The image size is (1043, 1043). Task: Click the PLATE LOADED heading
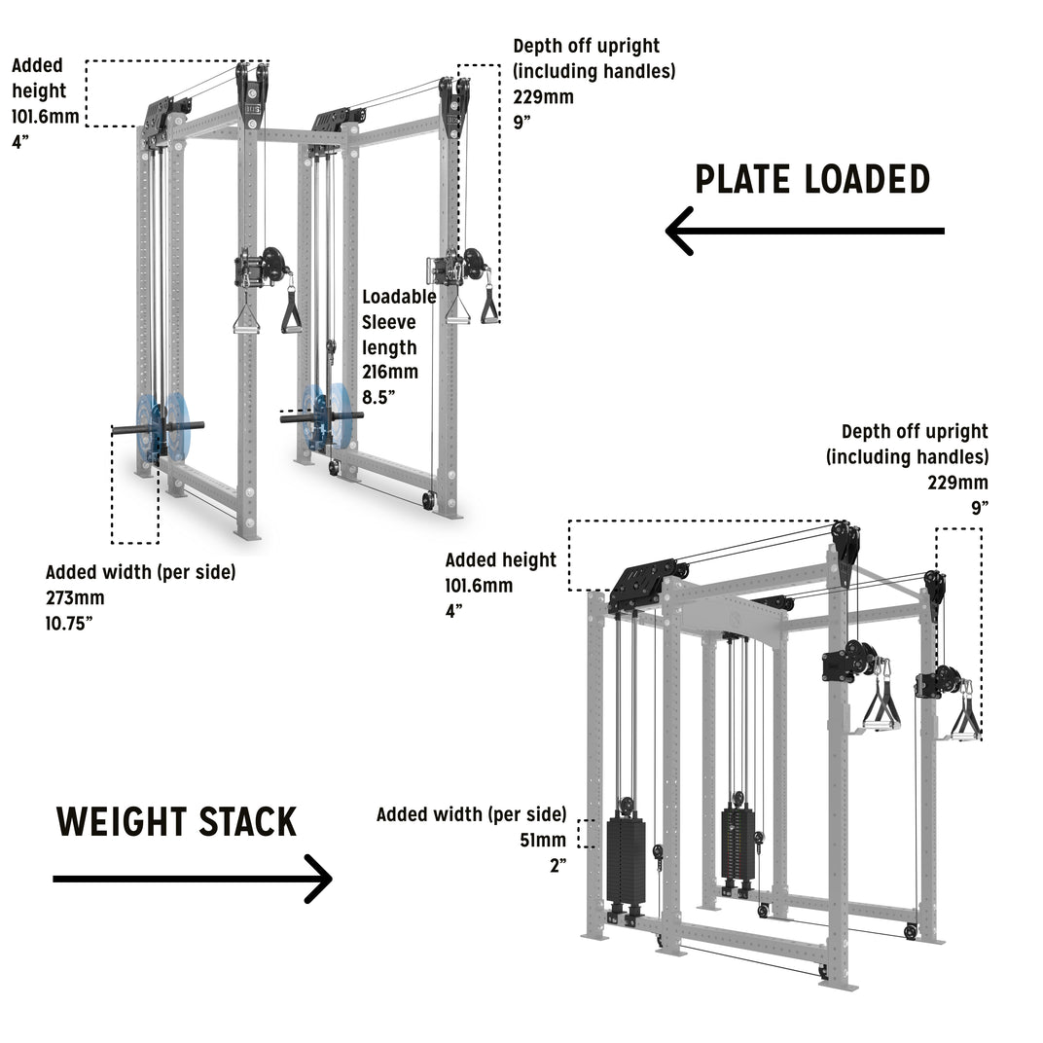(x=812, y=180)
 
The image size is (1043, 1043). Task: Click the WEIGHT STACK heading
(x=176, y=822)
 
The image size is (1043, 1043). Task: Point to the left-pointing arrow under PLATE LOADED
(x=804, y=231)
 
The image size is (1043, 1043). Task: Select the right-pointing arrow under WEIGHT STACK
(x=193, y=879)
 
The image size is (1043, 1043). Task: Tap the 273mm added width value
(x=75, y=597)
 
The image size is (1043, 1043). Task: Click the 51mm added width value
(x=542, y=840)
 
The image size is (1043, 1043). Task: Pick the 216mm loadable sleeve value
(x=390, y=372)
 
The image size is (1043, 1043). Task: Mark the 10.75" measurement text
(x=69, y=623)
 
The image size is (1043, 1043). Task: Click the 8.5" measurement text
(x=380, y=396)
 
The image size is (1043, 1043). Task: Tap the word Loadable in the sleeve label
(x=399, y=297)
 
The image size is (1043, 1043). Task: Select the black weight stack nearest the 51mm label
(x=626, y=859)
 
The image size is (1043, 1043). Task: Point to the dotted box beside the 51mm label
(x=587, y=833)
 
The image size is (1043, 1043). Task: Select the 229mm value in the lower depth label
(x=958, y=482)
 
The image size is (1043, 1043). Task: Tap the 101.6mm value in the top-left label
(x=39, y=117)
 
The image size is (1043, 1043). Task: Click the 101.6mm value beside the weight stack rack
(x=479, y=585)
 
